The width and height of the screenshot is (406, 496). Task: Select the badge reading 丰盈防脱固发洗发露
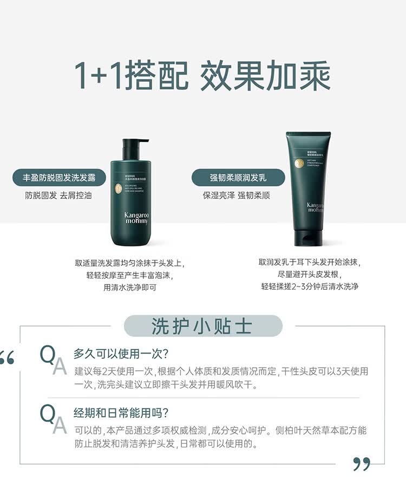click(60, 177)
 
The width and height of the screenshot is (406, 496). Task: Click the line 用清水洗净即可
click(130, 288)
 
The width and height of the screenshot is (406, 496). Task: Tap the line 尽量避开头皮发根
click(310, 275)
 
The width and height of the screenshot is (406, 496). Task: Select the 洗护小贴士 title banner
click(203, 327)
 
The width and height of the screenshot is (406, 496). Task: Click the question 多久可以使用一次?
click(121, 354)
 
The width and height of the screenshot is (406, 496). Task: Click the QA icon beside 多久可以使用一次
click(53, 360)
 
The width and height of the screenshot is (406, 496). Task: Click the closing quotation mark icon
click(362, 464)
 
